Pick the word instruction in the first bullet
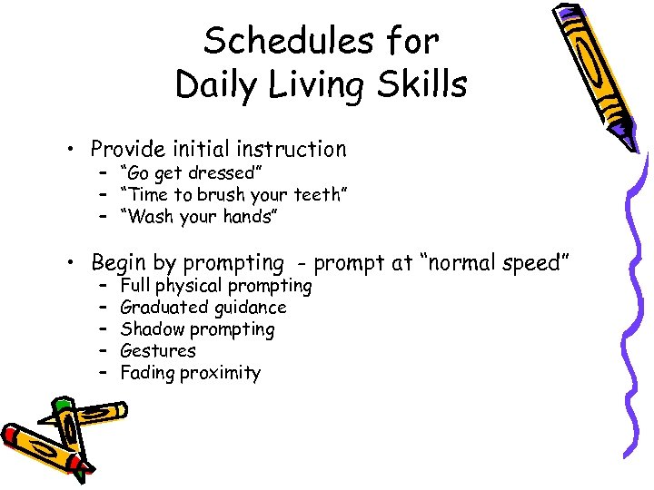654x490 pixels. [x=292, y=149]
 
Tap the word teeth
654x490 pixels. [x=312, y=195]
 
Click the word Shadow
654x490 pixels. [x=148, y=329]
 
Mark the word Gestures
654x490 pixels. [x=158, y=351]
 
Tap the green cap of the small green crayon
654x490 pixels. [x=62, y=404]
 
